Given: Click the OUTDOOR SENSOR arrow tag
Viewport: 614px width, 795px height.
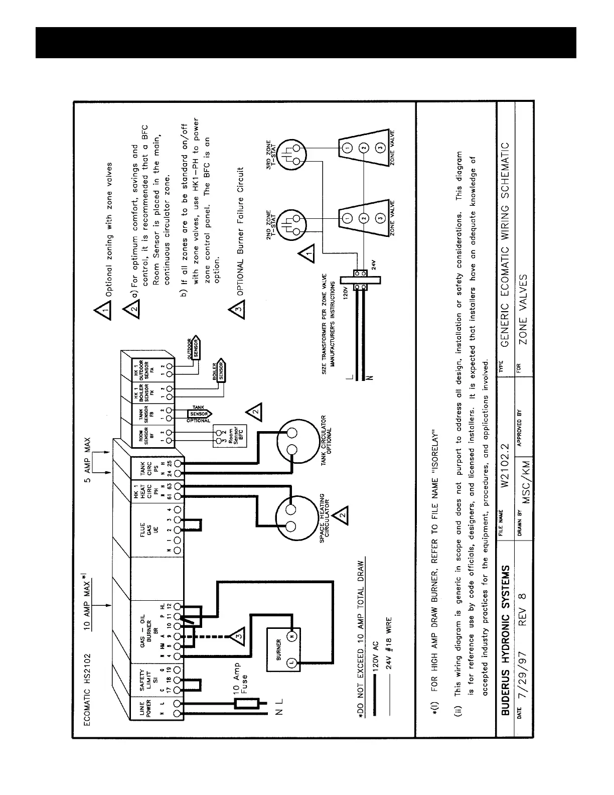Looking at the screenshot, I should [194, 348].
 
